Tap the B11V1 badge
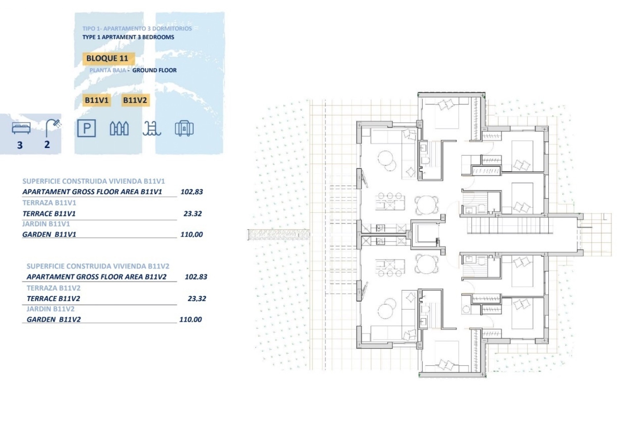(x=97, y=100)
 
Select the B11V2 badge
(x=135, y=100)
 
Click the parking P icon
(x=87, y=128)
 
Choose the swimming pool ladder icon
(x=152, y=128)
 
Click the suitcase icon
(x=184, y=128)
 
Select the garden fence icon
(x=119, y=129)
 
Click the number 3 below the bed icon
(x=20, y=145)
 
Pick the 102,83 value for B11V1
(x=192, y=192)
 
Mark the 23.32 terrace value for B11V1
(x=193, y=214)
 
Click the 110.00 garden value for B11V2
(x=191, y=319)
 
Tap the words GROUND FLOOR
(x=155, y=70)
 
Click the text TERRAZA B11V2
(x=53, y=288)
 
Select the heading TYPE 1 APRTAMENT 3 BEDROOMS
(x=128, y=37)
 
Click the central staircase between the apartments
(x=510, y=226)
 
